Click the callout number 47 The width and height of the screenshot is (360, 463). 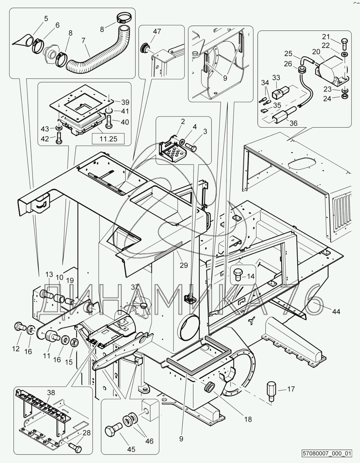coord(157,31)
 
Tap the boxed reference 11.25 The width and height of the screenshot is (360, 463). coord(108,139)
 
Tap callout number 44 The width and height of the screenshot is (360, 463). coord(336,311)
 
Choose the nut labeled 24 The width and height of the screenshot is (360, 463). coord(345,96)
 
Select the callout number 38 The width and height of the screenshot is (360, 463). coord(51,393)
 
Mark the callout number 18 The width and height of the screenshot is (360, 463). coord(248,419)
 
